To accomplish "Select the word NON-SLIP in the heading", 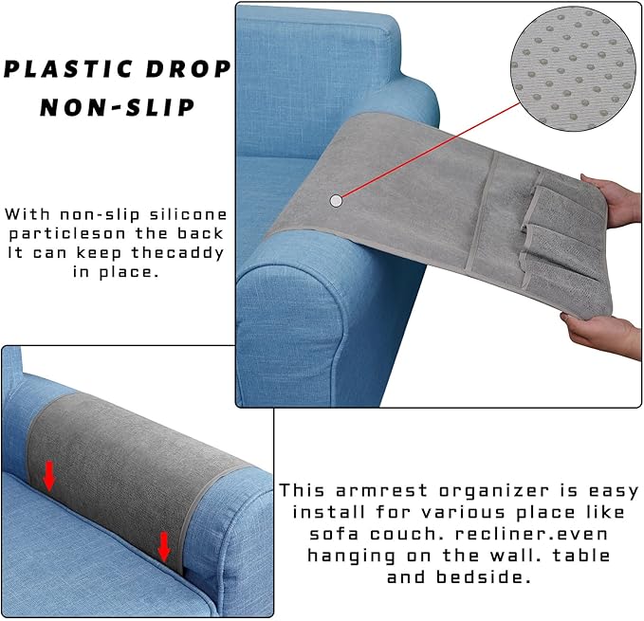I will (x=117, y=106).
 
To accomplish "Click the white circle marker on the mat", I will (x=336, y=201).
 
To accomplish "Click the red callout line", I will (x=427, y=151).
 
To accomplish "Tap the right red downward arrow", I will (x=163, y=545).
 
